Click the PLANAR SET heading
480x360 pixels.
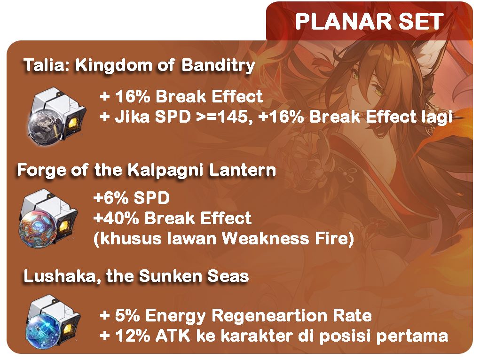[370, 22]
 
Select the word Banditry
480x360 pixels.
[218, 66]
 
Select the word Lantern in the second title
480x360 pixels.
[242, 170]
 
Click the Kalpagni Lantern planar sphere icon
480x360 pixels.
[48, 217]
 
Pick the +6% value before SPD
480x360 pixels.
[111, 198]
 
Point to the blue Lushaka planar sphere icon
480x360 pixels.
[53, 322]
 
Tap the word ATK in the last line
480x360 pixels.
[173, 336]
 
